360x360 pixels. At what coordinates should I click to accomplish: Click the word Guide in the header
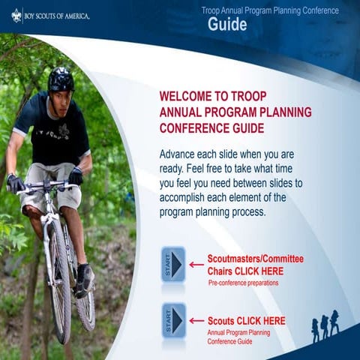(x=227, y=25)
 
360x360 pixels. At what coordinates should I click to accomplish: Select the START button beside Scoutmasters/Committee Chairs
(x=173, y=264)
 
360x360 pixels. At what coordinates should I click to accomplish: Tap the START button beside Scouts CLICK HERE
(x=173, y=320)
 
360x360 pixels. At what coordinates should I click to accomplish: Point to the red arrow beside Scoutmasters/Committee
(x=196, y=264)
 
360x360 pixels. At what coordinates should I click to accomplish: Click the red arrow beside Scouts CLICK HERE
(x=196, y=320)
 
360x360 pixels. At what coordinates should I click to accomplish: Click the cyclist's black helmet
(x=61, y=79)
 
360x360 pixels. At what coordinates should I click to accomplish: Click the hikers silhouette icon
(x=325, y=326)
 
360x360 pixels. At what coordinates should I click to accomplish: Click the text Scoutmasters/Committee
(x=250, y=259)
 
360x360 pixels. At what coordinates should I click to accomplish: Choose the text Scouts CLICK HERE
(x=246, y=321)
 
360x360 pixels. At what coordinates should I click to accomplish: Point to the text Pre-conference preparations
(x=243, y=283)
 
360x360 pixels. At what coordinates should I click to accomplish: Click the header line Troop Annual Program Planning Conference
(x=270, y=10)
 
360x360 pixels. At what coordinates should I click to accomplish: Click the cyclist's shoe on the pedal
(x=85, y=280)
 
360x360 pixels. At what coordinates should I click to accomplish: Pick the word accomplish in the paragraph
(x=186, y=198)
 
